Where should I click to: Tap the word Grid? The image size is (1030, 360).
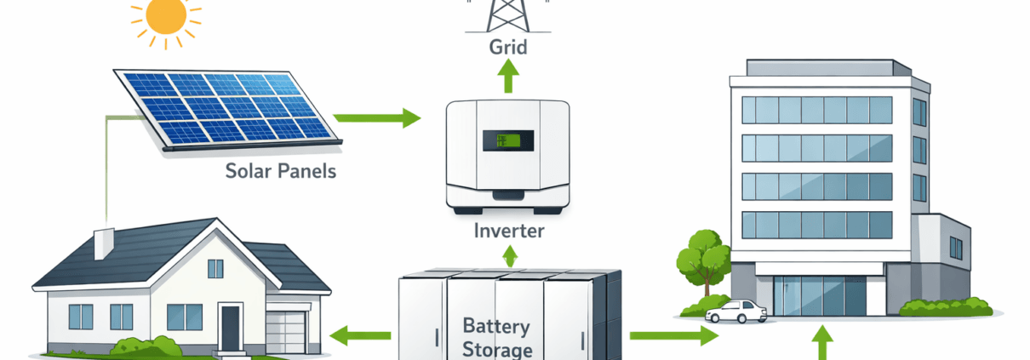[x=508, y=45]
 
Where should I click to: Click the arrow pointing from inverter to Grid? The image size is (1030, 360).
[x=508, y=77]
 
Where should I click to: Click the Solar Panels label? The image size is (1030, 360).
[x=280, y=171]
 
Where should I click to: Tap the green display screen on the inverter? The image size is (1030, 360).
[x=508, y=140]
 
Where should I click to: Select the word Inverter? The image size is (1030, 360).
[x=508, y=230]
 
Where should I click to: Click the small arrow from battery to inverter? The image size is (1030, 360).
[x=510, y=256]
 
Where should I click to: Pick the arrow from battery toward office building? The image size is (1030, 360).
[x=673, y=336]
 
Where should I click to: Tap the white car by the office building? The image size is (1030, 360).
[x=737, y=311]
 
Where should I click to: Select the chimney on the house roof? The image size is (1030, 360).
[x=103, y=243]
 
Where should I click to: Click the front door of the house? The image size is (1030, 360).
[x=231, y=328]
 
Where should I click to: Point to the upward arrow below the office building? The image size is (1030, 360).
[x=821, y=345]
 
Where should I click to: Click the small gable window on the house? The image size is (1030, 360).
[x=215, y=268]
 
